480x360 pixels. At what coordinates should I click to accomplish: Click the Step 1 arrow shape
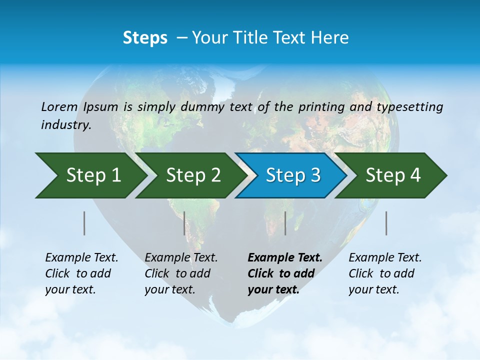coord(92,175)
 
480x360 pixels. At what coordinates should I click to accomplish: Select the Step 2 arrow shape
coord(192,175)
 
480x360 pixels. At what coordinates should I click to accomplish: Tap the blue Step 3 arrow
coord(292,175)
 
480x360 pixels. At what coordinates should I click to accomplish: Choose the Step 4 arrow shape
coord(392,175)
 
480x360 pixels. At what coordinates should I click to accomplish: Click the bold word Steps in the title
coord(145,38)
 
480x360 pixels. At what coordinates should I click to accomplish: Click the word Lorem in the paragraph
coord(59,106)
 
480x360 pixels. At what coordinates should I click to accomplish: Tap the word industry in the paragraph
coord(65,125)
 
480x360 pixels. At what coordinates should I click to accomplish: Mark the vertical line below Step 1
coord(84,223)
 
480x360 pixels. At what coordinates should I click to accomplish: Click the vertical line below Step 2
coord(184,223)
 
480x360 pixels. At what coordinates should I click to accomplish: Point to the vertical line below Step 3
coord(285,223)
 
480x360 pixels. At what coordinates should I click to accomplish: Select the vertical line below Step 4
coord(386,223)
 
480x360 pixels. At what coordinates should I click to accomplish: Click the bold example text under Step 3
coord(284,273)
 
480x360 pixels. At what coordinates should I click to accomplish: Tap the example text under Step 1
coord(81,273)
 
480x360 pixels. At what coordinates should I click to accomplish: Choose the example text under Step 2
coord(180,273)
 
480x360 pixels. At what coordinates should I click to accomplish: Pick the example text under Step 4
coord(384,273)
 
